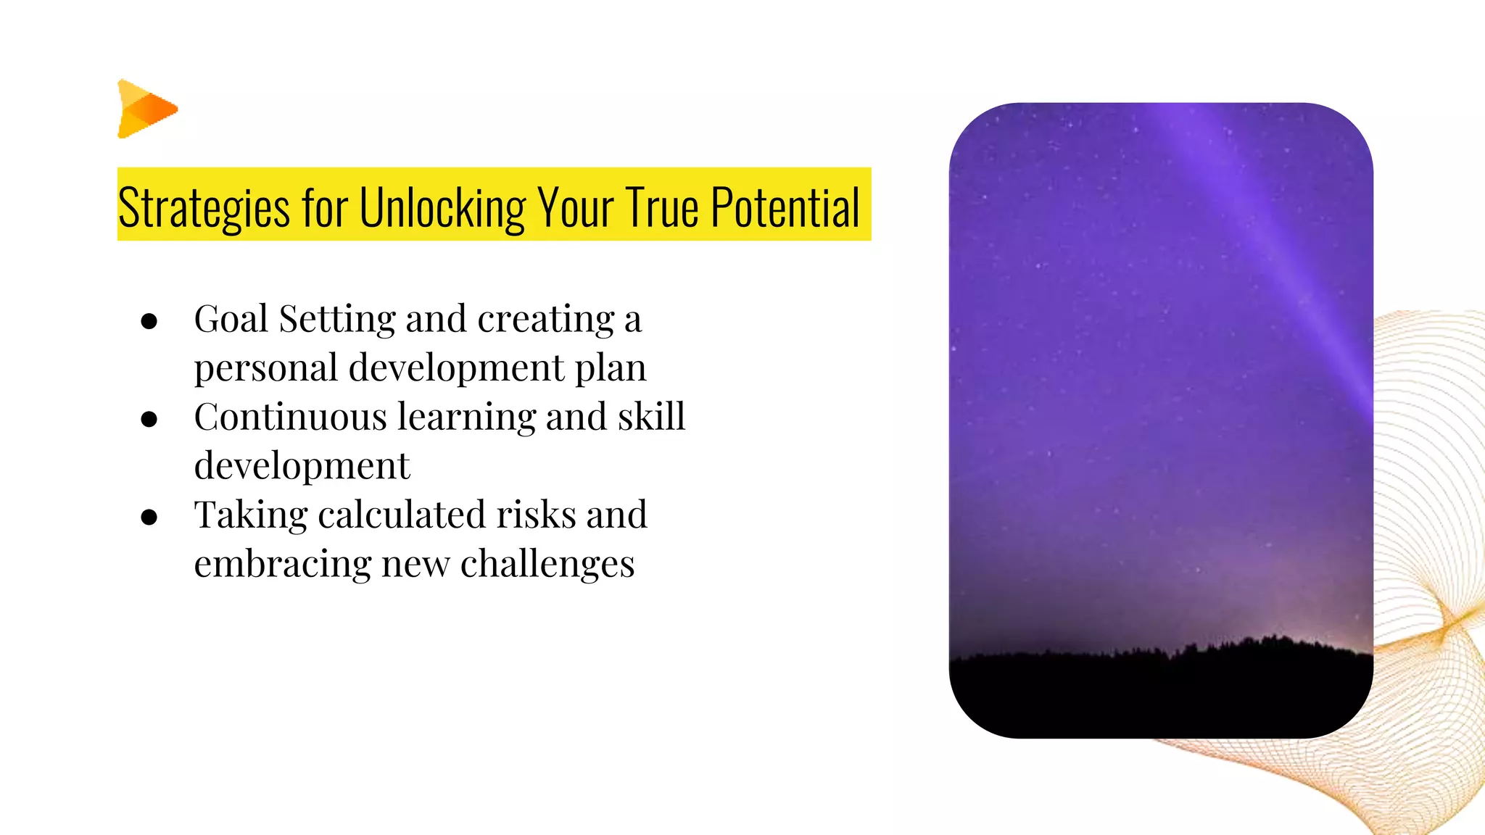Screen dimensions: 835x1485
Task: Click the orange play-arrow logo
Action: (x=146, y=109)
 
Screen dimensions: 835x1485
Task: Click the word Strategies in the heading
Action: (x=204, y=208)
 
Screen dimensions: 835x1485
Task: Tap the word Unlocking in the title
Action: (x=442, y=208)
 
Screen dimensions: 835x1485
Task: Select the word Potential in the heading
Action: (x=785, y=208)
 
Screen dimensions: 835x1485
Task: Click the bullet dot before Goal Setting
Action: (x=149, y=321)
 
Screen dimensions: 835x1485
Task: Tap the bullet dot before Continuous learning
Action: (x=149, y=419)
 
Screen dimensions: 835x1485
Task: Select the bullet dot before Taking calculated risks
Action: (x=149, y=517)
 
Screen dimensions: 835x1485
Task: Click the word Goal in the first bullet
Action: (x=231, y=319)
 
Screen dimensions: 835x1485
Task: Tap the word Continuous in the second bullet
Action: (x=290, y=417)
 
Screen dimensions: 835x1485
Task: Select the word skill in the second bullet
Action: (x=651, y=417)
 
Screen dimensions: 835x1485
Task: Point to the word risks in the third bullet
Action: (x=535, y=515)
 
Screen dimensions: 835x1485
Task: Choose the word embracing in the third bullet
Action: (x=282, y=564)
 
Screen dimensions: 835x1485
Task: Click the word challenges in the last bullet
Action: (x=547, y=564)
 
